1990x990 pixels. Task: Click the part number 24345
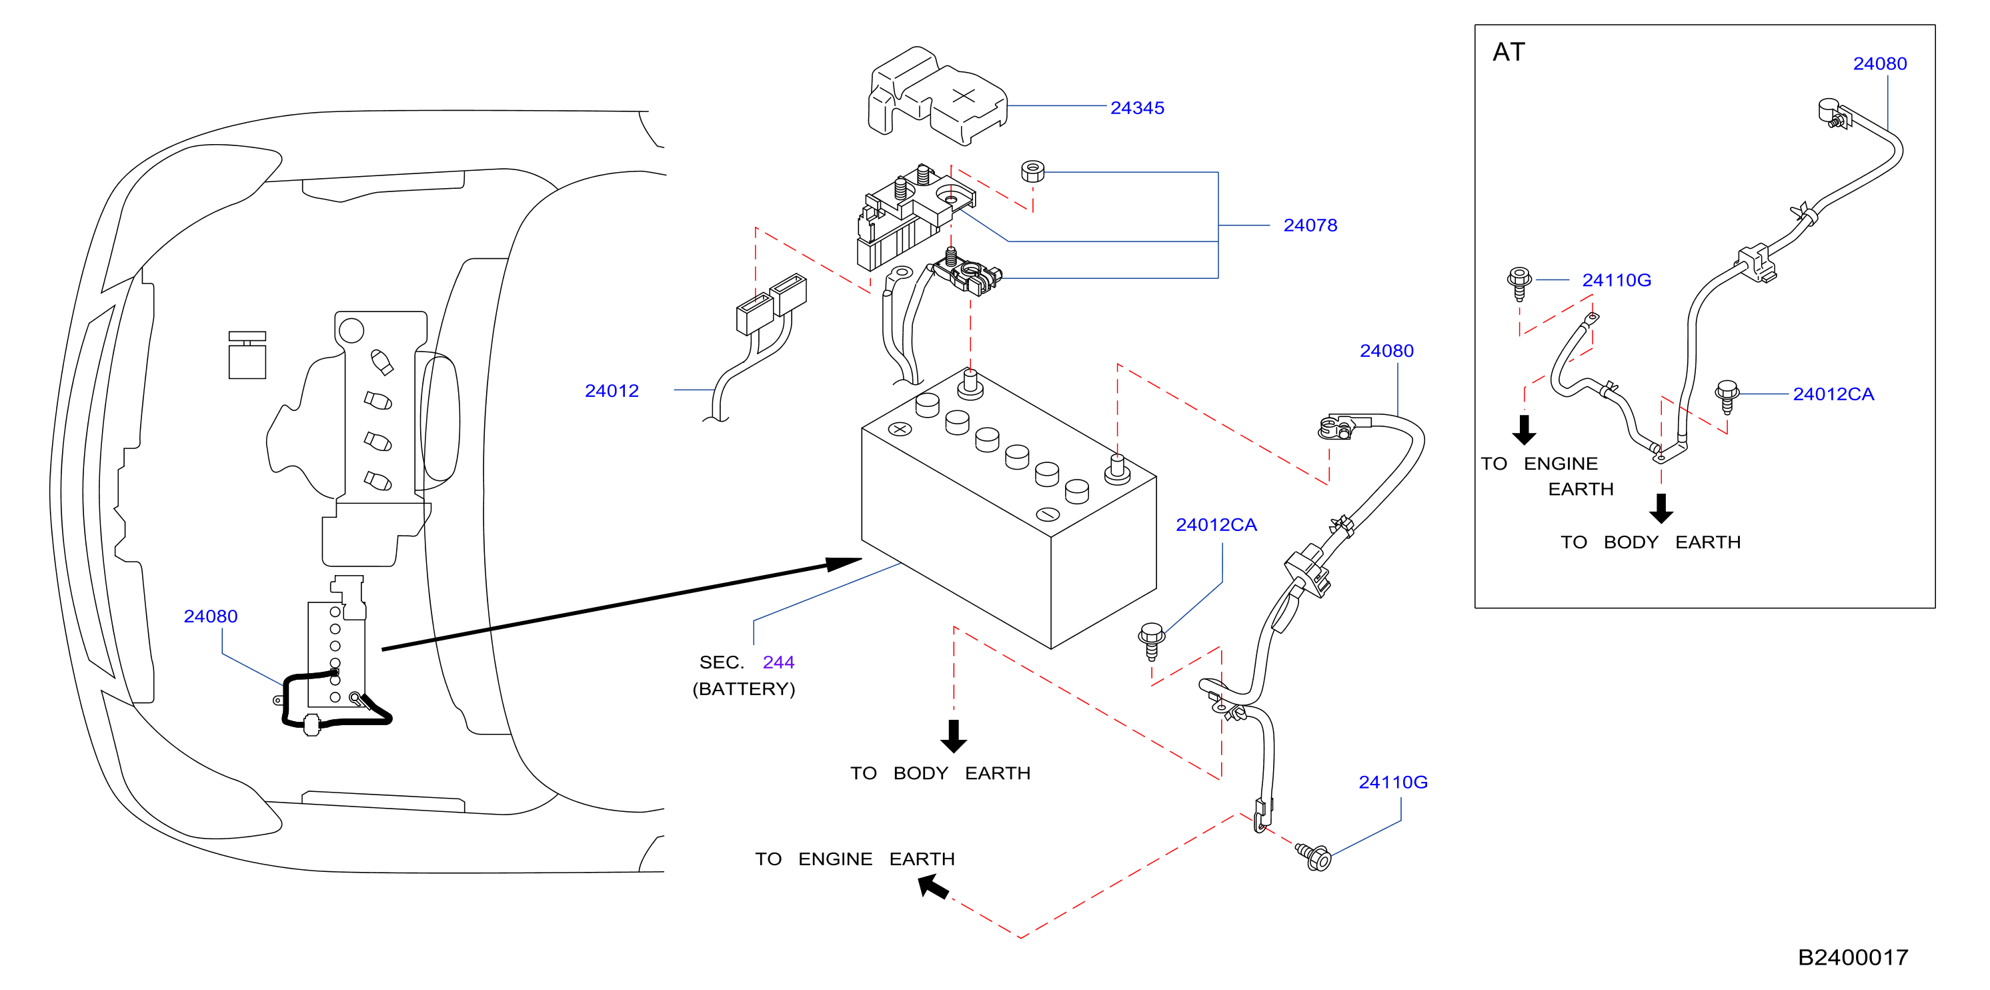(1137, 108)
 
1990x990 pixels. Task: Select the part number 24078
(1310, 225)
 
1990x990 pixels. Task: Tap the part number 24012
(612, 391)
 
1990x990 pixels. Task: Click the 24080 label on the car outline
(211, 616)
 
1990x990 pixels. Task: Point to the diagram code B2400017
(1853, 957)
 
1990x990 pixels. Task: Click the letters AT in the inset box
(1509, 52)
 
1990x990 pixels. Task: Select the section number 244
(779, 662)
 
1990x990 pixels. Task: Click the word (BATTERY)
(744, 688)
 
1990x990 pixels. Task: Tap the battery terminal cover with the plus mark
(938, 97)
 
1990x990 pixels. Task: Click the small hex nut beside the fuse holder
(1033, 171)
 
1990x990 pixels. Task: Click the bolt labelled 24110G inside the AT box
(1520, 284)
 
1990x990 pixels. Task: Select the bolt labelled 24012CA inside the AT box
(1727, 397)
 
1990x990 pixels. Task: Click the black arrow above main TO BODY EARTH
(954, 736)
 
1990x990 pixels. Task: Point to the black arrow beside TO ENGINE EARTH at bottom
(934, 887)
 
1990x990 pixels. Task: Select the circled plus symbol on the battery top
(900, 429)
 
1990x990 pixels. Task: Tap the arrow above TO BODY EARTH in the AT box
(1662, 508)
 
